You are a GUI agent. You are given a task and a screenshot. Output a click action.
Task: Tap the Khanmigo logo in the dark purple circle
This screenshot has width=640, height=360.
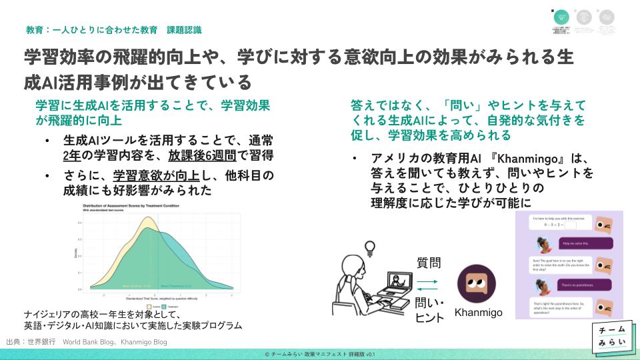[475, 285]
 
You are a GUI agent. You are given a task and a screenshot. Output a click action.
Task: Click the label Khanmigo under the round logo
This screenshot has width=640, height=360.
[477, 312]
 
